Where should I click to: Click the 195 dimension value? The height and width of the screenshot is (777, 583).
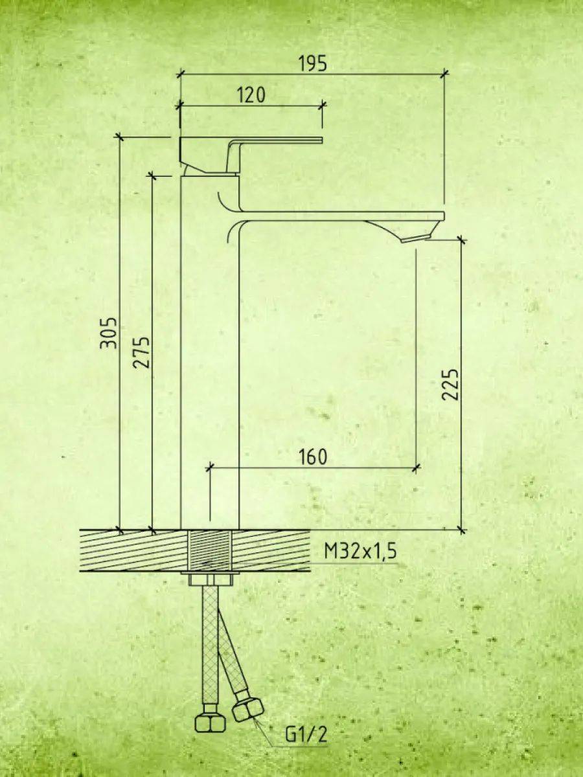tap(313, 63)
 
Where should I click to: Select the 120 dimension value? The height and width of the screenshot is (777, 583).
tap(251, 95)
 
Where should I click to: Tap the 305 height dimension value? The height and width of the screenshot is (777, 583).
tap(108, 333)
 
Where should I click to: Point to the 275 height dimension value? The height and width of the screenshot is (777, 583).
tap(142, 352)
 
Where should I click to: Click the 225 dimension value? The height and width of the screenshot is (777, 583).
tap(450, 385)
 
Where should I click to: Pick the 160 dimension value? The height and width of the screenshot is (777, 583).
tap(313, 456)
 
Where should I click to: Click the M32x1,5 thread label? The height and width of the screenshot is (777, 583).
tap(360, 552)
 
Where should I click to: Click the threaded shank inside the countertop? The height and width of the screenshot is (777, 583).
tap(209, 550)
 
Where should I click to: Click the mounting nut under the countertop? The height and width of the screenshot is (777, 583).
tap(209, 578)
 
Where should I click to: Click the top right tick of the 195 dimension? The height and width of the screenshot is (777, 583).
tap(444, 74)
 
